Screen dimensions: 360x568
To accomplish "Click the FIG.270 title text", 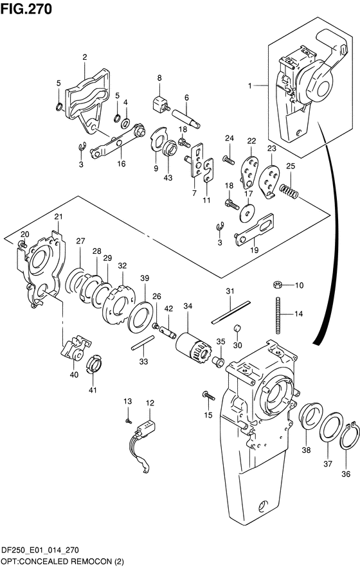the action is pyautogui.click(x=26, y=9).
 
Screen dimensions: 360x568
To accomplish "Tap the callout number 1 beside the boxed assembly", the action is pyautogui.click(x=250, y=86).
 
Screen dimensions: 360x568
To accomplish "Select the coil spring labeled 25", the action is pyautogui.click(x=289, y=191).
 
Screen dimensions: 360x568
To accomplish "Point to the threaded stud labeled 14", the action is pyautogui.click(x=279, y=315).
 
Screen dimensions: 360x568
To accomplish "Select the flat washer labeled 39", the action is pyautogui.click(x=140, y=317).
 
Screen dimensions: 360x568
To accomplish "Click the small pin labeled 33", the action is pyautogui.click(x=143, y=342).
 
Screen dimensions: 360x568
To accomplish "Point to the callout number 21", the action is pyautogui.click(x=59, y=217).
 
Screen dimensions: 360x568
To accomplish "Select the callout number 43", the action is pyautogui.click(x=168, y=177).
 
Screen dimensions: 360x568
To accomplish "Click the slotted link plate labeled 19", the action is pyautogui.click(x=255, y=229).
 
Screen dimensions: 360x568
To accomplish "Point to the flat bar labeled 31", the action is pyautogui.click(x=231, y=312).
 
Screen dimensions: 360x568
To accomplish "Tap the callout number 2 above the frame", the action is pyautogui.click(x=84, y=57).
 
